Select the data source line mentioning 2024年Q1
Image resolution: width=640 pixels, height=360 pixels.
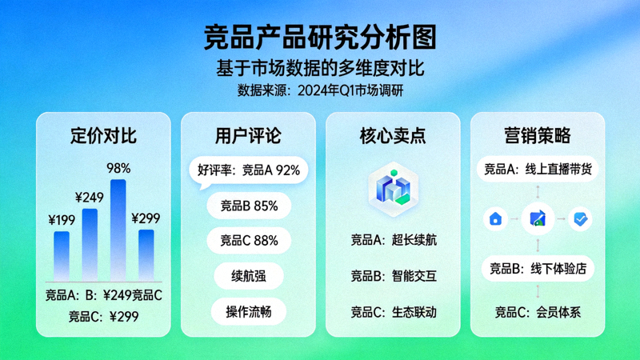pyautogui.click(x=320, y=90)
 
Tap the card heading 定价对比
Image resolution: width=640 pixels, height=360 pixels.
pyautogui.click(x=103, y=135)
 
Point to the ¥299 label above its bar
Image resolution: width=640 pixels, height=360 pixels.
pyautogui.click(x=146, y=218)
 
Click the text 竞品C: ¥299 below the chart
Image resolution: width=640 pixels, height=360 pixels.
pyautogui.click(x=103, y=316)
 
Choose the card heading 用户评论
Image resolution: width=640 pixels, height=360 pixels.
pyautogui.click(x=248, y=135)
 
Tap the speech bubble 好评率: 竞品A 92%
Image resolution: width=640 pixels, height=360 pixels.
pyautogui.click(x=248, y=170)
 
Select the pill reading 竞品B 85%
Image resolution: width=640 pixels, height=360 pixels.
pyautogui.click(x=248, y=206)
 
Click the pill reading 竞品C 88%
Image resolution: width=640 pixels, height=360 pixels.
pyautogui.click(x=248, y=240)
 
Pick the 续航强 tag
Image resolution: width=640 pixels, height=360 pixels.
pyautogui.click(x=248, y=276)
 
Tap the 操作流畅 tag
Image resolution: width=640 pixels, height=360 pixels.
pyautogui.click(x=248, y=311)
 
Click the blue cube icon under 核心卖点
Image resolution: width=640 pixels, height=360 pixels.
pyautogui.click(x=393, y=187)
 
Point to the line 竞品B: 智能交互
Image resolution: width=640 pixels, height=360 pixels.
pyautogui.click(x=393, y=276)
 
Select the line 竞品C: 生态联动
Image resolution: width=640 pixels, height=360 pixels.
pyautogui.click(x=393, y=312)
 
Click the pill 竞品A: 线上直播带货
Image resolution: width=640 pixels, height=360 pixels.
pyautogui.click(x=538, y=170)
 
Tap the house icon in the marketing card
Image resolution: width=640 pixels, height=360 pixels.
pyautogui.click(x=495, y=218)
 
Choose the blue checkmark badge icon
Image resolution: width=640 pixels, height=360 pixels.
pyautogui.click(x=580, y=218)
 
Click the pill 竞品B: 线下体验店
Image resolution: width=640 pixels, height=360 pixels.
pyautogui.click(x=538, y=268)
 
